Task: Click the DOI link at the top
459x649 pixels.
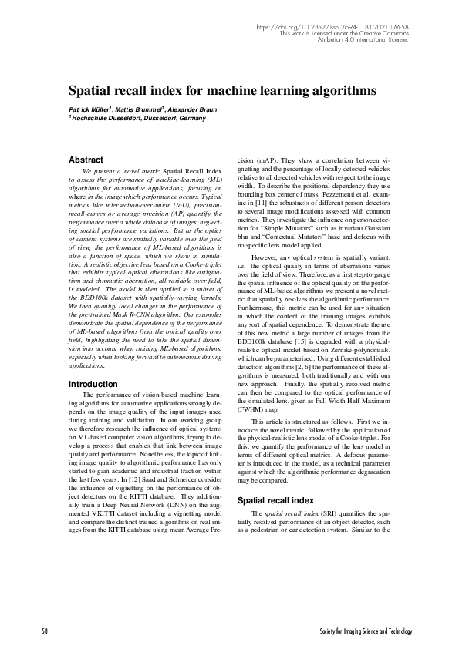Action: click(332, 26)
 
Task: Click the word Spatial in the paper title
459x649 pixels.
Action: click(95, 90)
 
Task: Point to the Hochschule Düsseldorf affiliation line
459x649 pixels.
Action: click(138, 119)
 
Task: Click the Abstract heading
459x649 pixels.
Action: click(86, 160)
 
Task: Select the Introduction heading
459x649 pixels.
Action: click(93, 383)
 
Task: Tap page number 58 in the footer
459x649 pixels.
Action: click(45, 631)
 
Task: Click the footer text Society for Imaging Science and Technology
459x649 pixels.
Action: click(366, 631)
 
